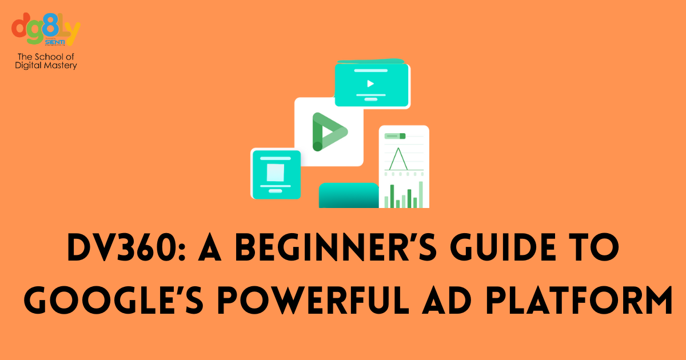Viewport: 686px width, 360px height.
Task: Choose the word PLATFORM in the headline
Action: [x=583, y=301]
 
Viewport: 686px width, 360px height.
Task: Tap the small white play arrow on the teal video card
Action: [x=370, y=83]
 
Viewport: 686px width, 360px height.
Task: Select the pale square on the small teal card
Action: [x=276, y=171]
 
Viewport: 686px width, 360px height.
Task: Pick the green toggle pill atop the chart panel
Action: [x=402, y=136]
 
